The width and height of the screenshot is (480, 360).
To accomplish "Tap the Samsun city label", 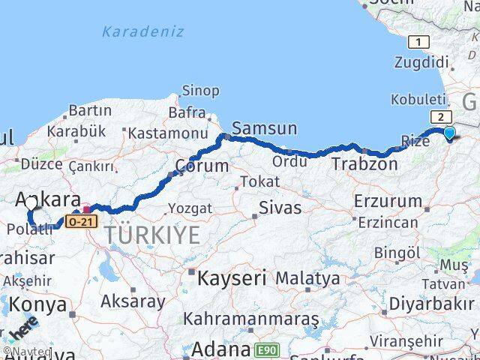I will (x=265, y=128).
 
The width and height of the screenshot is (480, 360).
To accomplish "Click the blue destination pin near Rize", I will (x=449, y=133).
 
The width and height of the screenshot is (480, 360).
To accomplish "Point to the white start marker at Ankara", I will (x=31, y=202).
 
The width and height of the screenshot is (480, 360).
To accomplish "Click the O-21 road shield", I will (x=81, y=222).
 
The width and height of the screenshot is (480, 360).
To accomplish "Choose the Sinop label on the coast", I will (x=200, y=91).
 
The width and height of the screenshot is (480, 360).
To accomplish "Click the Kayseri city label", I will (x=232, y=279).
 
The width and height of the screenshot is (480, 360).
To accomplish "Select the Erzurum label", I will (x=388, y=201).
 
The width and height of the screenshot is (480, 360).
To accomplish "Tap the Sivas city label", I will (x=279, y=208).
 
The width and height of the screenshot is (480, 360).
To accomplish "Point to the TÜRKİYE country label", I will (x=152, y=235).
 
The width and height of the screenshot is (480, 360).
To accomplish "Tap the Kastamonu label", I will (x=167, y=133).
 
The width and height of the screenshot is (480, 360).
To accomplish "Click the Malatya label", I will (x=307, y=279).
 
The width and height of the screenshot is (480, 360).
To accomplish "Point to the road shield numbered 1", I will (x=418, y=42).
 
